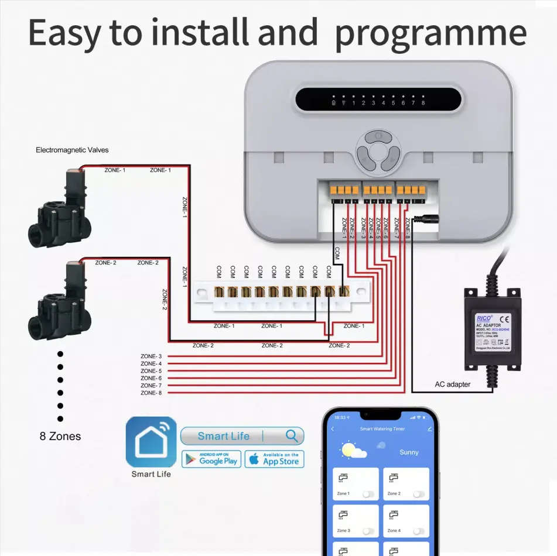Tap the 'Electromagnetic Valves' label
coord(72,150)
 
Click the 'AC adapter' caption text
coord(452,385)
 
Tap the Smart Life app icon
coord(151,441)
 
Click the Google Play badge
coord(211,459)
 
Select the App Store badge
coord(274,459)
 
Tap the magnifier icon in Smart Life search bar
coord(292,435)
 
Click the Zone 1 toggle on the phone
coord(368,494)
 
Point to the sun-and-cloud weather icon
coord(354,451)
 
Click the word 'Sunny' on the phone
coord(409,452)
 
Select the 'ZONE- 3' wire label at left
coord(151,356)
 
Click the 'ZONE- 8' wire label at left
coord(151,393)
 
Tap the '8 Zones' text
coord(60,436)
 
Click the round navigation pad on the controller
coord(378,151)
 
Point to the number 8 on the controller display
coord(422,103)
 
